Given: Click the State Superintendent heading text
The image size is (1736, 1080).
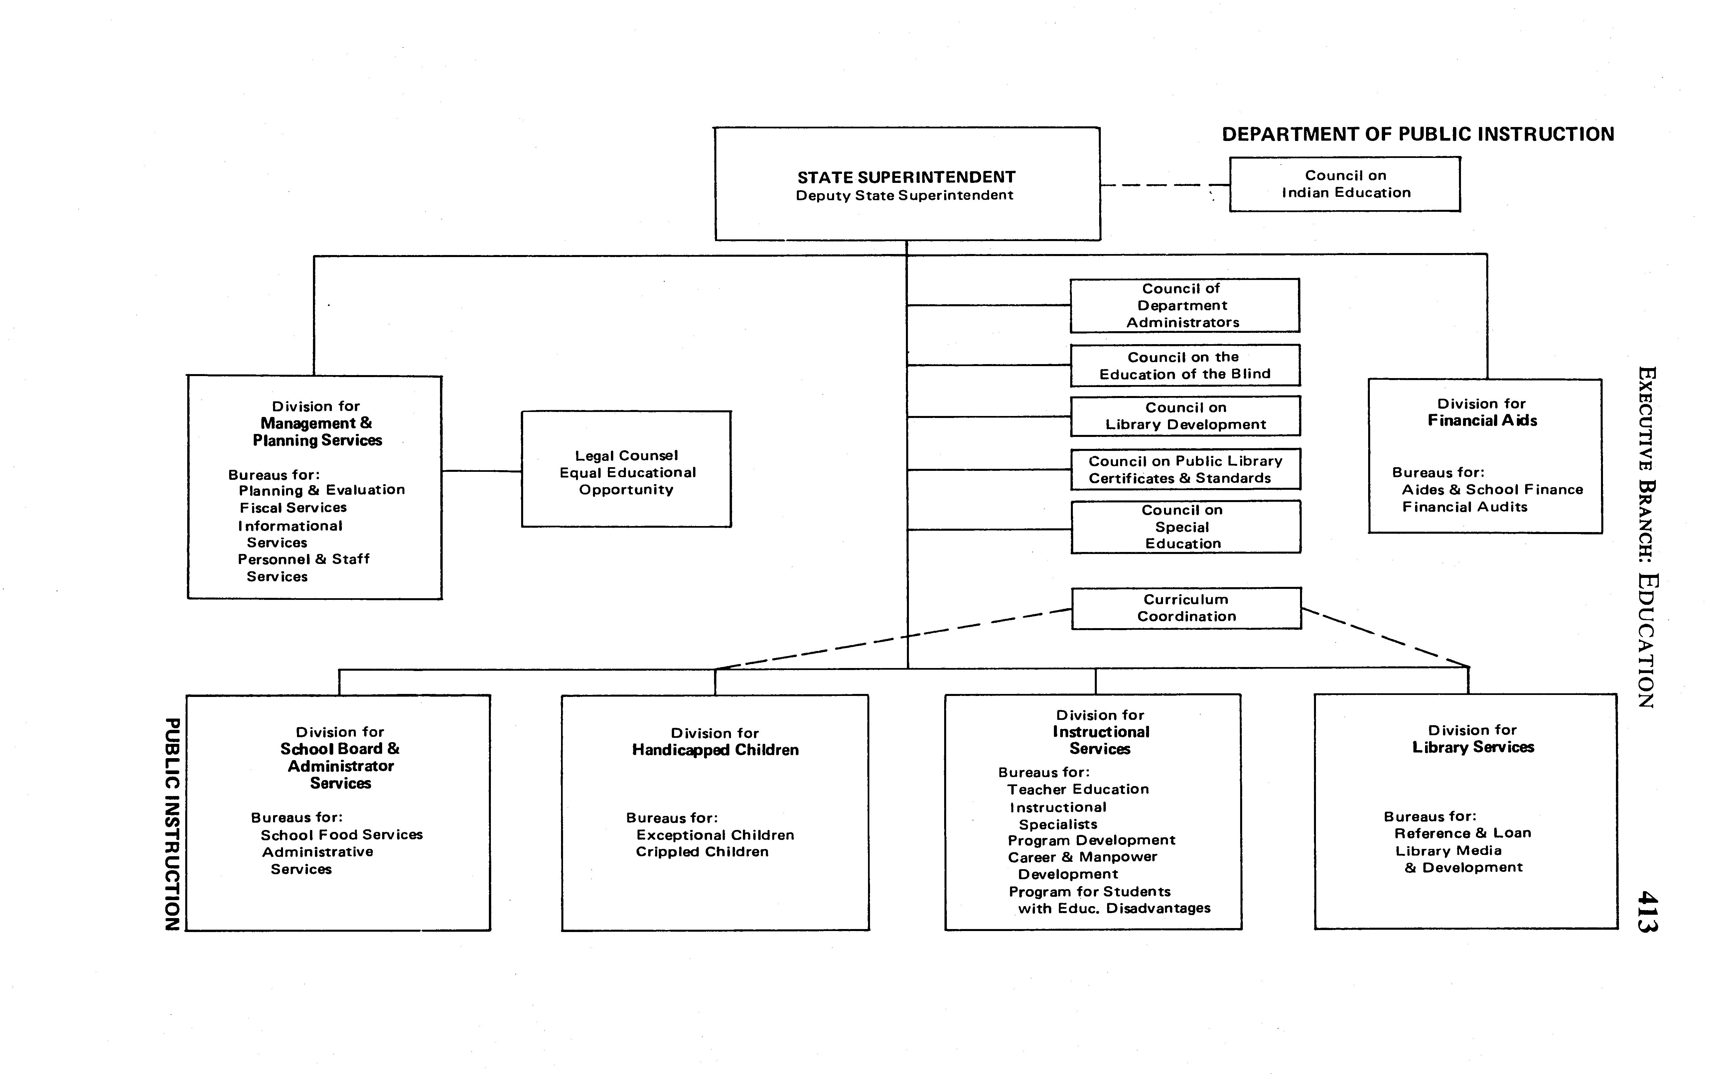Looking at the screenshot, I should pos(906,177).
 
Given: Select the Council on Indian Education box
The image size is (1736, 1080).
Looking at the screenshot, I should pos(1345,184).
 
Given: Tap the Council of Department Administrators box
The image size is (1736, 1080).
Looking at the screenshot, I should pos(1184,306).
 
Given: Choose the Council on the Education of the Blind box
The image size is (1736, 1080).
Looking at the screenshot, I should pos(1185,366).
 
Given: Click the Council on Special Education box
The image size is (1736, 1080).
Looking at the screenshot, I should pos(1185,527).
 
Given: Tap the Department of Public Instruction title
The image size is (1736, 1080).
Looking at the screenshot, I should pos(1417,134).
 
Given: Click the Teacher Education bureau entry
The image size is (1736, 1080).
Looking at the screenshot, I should pos(1078,789).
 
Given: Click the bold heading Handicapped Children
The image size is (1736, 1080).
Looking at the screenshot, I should pos(715,750).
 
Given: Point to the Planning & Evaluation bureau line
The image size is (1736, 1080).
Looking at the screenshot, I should pos(322,490).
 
